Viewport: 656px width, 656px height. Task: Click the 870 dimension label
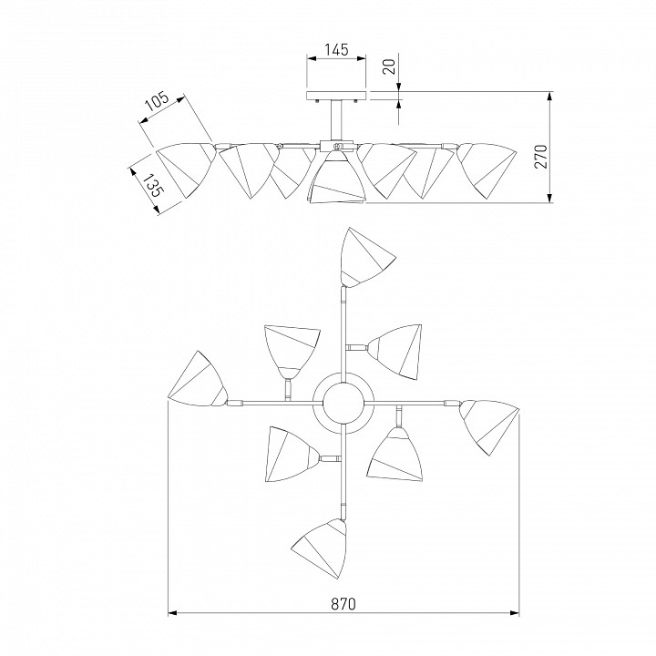click(x=343, y=604)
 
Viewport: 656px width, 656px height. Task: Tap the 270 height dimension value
click(x=540, y=156)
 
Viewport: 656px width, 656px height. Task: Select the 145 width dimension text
click(x=336, y=49)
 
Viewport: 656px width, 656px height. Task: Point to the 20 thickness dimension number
click(x=390, y=67)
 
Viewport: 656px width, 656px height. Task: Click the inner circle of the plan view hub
click(x=343, y=403)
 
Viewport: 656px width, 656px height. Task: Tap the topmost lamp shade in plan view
click(x=365, y=259)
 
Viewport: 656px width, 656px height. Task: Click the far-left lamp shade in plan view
click(x=198, y=379)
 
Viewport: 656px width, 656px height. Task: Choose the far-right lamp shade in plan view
click(x=488, y=426)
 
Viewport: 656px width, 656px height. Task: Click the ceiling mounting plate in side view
click(x=336, y=96)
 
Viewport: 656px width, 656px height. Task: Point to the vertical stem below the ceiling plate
click(x=336, y=120)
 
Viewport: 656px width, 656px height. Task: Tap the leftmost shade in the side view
click(x=186, y=169)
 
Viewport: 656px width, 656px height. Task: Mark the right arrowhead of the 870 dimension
click(x=516, y=613)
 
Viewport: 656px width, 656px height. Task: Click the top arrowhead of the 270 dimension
click(x=549, y=96)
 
